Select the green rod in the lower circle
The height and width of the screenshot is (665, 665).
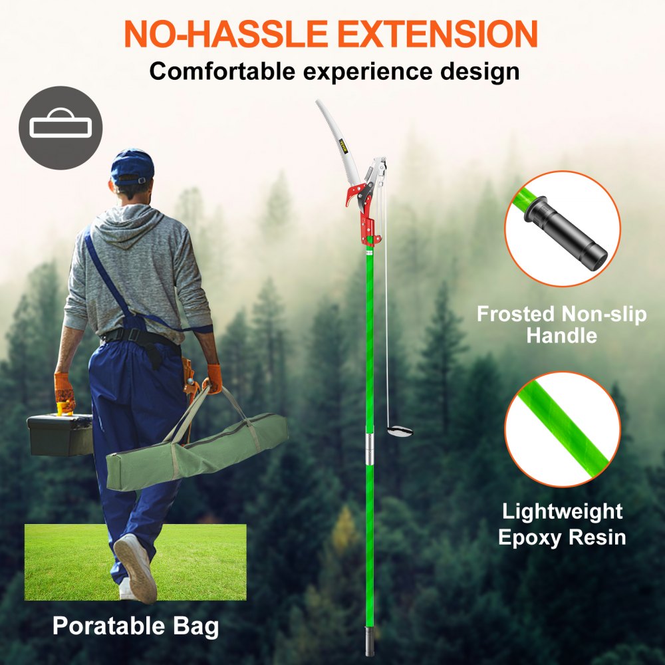(x=562, y=429)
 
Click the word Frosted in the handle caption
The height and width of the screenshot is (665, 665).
(x=516, y=314)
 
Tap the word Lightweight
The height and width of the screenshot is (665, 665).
(x=562, y=511)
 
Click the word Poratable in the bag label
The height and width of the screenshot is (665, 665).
(x=104, y=626)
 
